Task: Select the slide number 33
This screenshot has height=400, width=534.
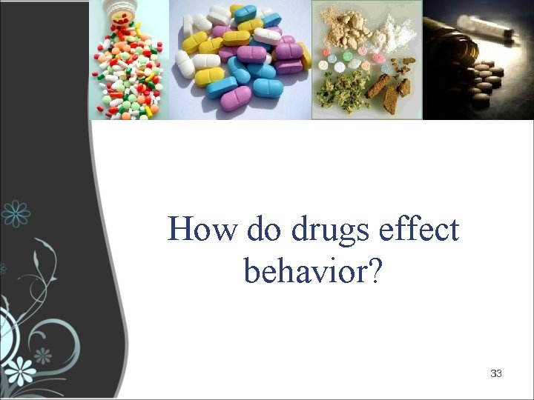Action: [496, 373]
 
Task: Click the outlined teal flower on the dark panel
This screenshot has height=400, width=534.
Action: [16, 213]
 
